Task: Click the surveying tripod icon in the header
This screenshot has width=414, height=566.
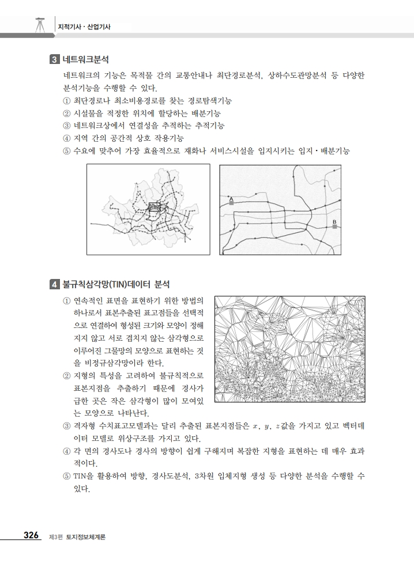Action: [39, 25]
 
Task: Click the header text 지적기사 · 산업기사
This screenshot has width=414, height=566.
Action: [84, 27]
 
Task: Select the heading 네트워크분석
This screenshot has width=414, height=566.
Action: [86, 59]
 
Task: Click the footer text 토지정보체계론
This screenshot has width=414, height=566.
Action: [86, 537]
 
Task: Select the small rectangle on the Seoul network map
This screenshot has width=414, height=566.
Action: [155, 207]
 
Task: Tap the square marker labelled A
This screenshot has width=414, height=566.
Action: [231, 203]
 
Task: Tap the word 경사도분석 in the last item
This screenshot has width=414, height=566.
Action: [172, 477]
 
